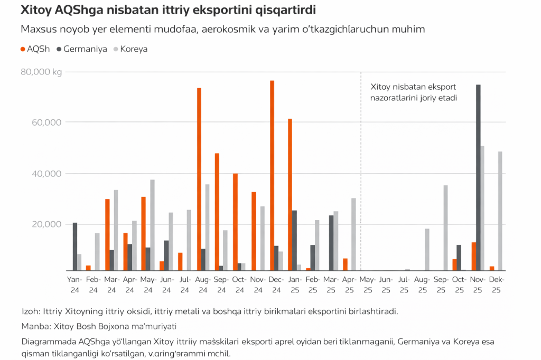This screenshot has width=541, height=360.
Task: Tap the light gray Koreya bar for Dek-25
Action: (x=500, y=211)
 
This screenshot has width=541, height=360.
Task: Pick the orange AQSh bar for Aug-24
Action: (x=199, y=179)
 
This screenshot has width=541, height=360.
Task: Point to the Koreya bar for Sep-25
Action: (x=445, y=228)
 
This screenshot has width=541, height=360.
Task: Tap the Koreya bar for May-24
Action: (x=153, y=225)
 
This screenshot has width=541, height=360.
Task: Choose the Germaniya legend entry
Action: (x=81, y=49)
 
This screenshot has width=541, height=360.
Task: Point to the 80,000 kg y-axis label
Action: (x=41, y=72)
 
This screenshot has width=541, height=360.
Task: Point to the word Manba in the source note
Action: (x=34, y=326)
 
